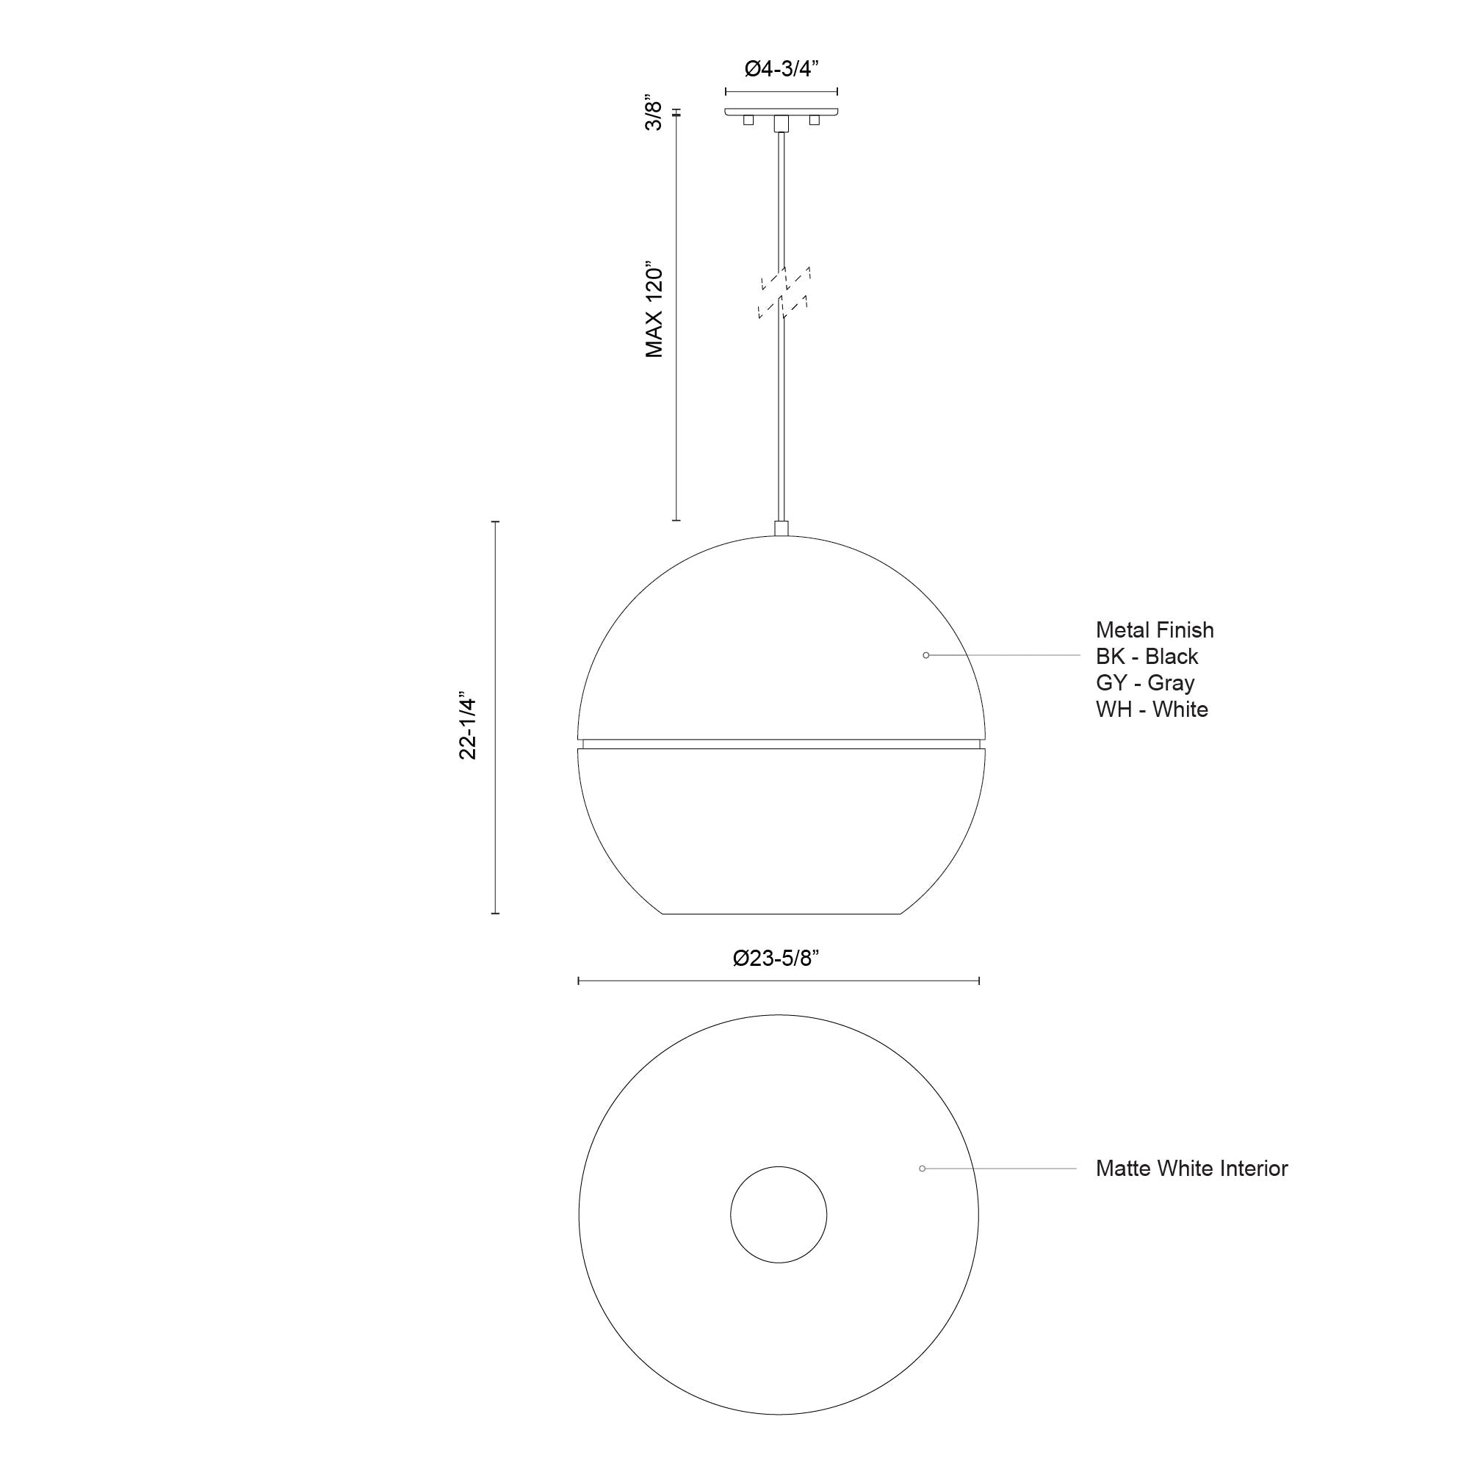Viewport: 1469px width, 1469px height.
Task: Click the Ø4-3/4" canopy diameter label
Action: (x=780, y=69)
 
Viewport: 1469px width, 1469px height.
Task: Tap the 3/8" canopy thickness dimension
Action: (x=654, y=114)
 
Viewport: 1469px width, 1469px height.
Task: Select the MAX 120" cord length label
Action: (x=654, y=311)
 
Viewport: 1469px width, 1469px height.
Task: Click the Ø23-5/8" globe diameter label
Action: (x=776, y=958)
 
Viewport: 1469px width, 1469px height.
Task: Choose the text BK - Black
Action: (x=1147, y=656)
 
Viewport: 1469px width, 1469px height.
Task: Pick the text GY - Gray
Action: (x=1144, y=683)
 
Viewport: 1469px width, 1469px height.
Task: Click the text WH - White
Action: (x=1151, y=710)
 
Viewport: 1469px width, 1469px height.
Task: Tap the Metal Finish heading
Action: (x=1154, y=629)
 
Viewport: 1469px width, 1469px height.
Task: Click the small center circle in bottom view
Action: (x=778, y=1215)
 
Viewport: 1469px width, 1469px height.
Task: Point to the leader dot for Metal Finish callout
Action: (x=925, y=655)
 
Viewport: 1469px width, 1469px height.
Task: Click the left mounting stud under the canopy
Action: (x=748, y=120)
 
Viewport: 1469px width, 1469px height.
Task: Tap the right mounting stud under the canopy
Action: (x=815, y=120)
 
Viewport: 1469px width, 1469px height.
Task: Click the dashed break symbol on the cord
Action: (x=784, y=292)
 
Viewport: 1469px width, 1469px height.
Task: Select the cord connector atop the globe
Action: (x=781, y=528)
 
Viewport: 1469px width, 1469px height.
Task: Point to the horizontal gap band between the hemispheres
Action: (x=781, y=743)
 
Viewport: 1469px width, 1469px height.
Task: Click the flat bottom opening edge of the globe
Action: (x=781, y=913)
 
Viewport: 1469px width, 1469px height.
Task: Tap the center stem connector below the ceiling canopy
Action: (x=781, y=124)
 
